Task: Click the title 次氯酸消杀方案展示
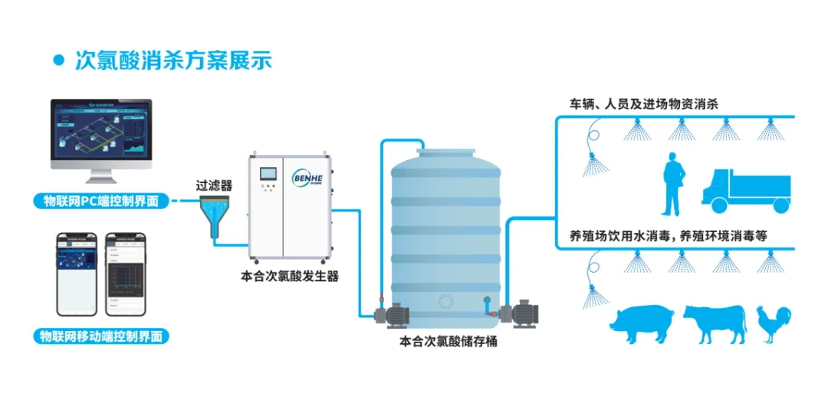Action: (x=172, y=61)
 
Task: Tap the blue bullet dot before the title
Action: (x=58, y=61)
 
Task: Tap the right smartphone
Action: (x=125, y=273)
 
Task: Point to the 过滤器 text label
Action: (x=214, y=185)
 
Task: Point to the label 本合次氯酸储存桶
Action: (x=449, y=341)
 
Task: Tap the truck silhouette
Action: (x=744, y=191)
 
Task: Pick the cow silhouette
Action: (x=714, y=323)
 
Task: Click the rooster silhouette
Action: (x=770, y=323)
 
